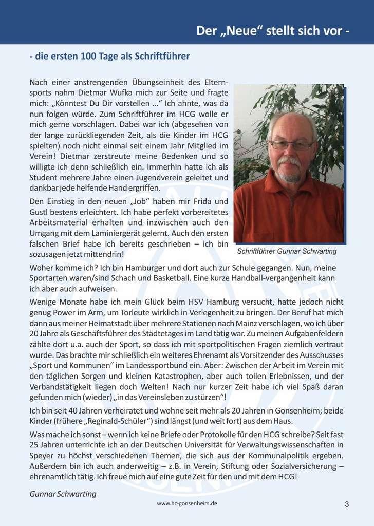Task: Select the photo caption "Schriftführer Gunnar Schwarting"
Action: click(x=287, y=252)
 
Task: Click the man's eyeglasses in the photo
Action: click(x=291, y=145)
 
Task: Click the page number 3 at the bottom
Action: click(x=347, y=504)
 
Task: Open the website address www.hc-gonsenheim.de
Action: click(x=187, y=504)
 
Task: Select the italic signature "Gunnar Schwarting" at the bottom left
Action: click(x=63, y=494)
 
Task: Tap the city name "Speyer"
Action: click(x=43, y=456)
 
